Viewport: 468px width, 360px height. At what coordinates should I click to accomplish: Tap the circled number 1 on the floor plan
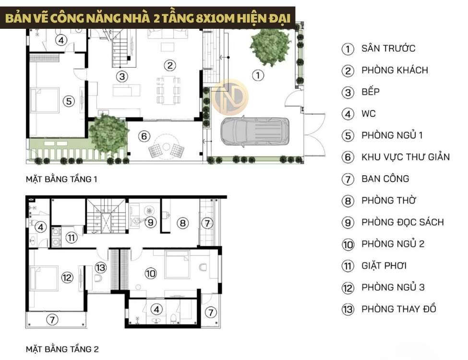pos(258,75)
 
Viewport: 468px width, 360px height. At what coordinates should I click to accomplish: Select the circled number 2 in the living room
pos(170,65)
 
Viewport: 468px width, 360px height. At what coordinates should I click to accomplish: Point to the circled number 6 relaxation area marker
pos(144,136)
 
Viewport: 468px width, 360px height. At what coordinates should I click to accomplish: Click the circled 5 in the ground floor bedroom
pos(69,101)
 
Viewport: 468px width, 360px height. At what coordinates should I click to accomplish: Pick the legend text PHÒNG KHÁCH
pos(395,70)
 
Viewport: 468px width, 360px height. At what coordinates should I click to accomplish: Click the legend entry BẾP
pos(371,92)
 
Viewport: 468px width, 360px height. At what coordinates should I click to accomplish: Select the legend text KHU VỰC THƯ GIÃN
pos(405,157)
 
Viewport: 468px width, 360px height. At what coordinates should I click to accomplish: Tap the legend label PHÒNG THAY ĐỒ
pos(399,309)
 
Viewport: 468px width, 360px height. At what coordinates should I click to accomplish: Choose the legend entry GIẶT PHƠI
pos(384,265)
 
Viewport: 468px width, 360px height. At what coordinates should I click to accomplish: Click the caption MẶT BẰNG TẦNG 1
pos(61,179)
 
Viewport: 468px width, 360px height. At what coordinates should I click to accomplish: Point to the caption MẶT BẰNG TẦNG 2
pos(62,349)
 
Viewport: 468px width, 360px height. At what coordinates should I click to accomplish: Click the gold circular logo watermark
pos(230,96)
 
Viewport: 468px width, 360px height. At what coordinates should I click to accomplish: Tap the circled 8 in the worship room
pos(183,223)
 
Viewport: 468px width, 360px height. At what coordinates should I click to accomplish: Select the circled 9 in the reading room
pos(151,222)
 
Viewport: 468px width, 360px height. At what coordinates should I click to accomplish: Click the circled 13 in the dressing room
pos(101,267)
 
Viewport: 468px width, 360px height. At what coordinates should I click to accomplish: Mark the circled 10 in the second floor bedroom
pos(150,273)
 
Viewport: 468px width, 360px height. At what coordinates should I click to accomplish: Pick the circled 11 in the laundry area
pos(72,238)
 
